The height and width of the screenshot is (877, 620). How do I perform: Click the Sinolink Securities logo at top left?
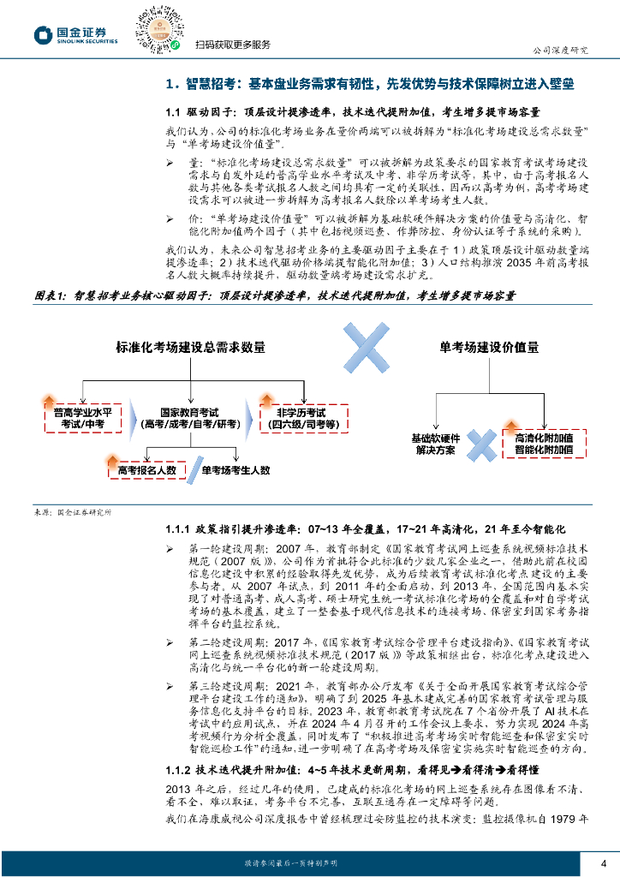click(75, 34)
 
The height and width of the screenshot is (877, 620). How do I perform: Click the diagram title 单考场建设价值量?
click(489, 348)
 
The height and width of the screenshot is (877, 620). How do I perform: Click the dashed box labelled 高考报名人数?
click(146, 469)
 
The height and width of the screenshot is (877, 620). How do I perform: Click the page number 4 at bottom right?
click(604, 862)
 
